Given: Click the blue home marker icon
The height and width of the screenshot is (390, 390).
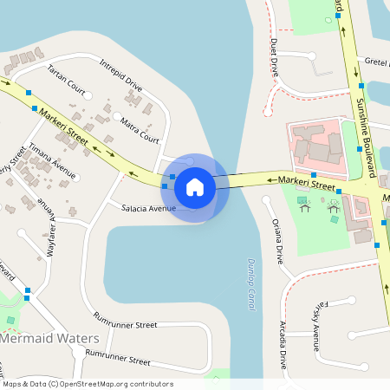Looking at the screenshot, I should [195, 187].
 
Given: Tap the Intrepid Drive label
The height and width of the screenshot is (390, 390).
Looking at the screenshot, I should [120, 75].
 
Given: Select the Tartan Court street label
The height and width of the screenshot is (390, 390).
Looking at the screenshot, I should [66, 79].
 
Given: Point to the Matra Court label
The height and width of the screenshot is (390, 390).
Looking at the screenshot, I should [139, 129].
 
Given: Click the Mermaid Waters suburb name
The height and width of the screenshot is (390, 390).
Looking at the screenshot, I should [49, 338].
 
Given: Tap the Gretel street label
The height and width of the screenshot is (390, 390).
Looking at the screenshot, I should [376, 62].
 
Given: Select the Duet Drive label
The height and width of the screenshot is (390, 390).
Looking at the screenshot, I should [275, 56].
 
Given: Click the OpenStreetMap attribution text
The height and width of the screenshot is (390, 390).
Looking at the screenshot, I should [88, 384].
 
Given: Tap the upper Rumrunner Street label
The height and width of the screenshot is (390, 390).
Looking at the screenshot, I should [126, 324].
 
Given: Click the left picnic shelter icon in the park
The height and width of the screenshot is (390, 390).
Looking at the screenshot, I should [303, 205].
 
